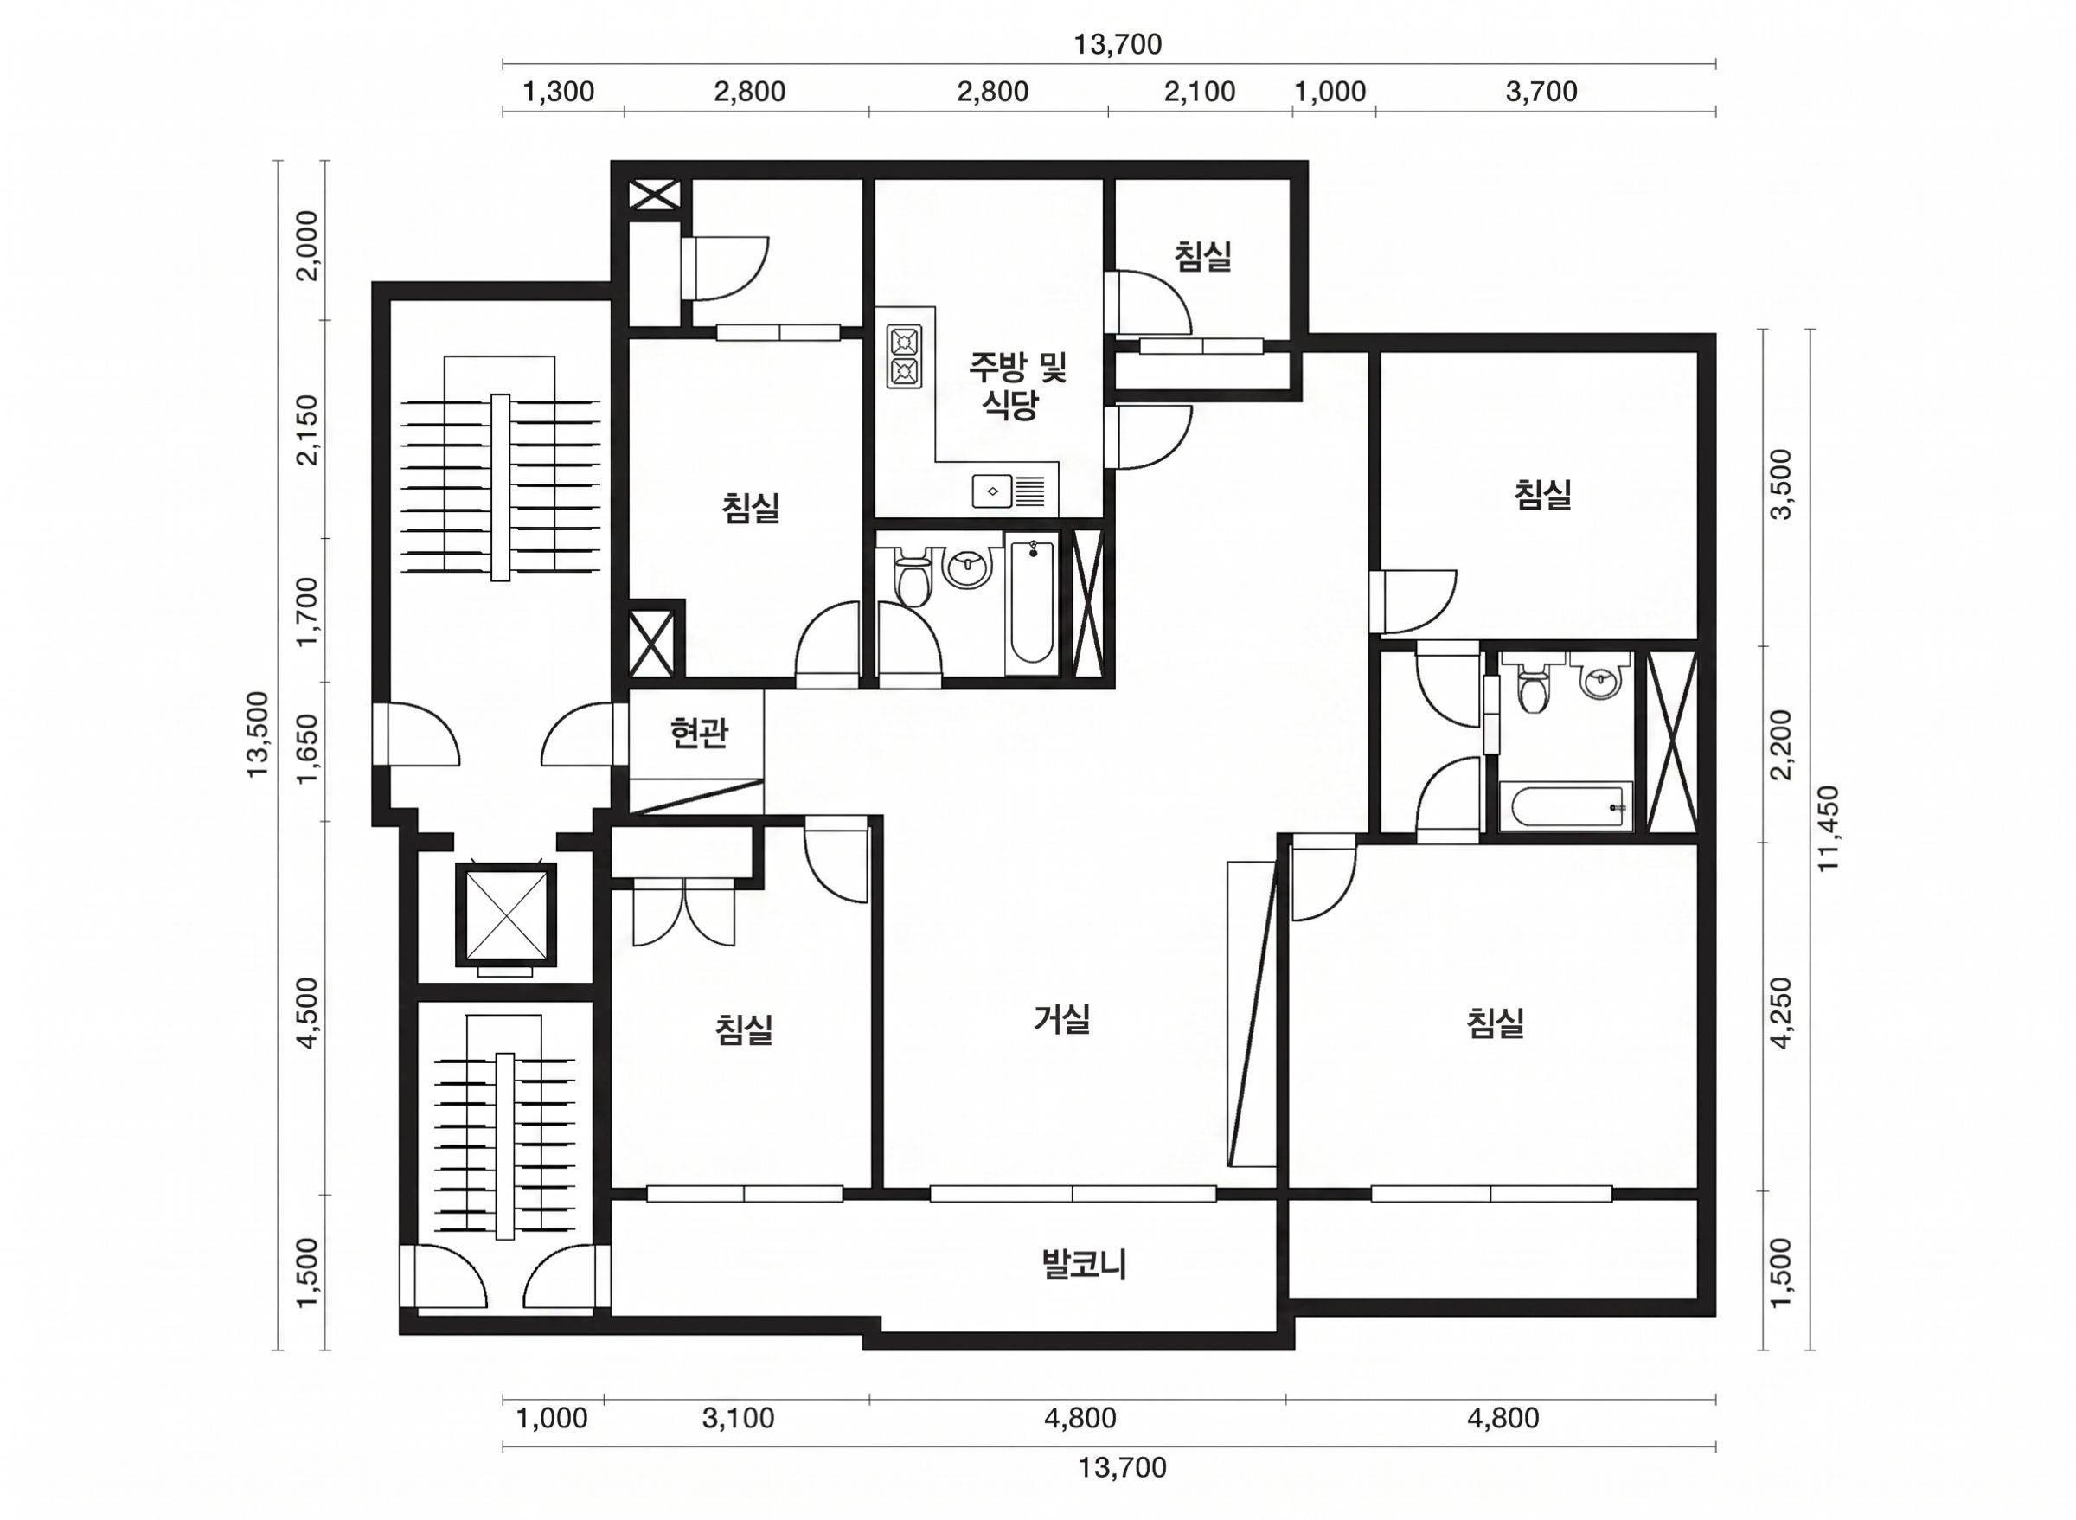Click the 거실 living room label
tap(1062, 1018)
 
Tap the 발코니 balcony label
tap(1085, 1265)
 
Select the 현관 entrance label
tap(699, 734)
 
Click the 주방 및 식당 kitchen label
tap(1016, 387)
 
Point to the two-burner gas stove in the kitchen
tap(906, 356)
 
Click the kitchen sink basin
tap(993, 491)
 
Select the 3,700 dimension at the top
tap(1541, 91)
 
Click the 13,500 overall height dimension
tap(259, 734)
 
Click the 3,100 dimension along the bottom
tap(738, 1418)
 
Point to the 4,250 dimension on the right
tap(1783, 1012)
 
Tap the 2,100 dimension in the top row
tap(1200, 91)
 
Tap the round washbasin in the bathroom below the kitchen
tap(968, 565)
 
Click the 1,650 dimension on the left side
tap(310, 750)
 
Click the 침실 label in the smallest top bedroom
tap(1203, 256)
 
